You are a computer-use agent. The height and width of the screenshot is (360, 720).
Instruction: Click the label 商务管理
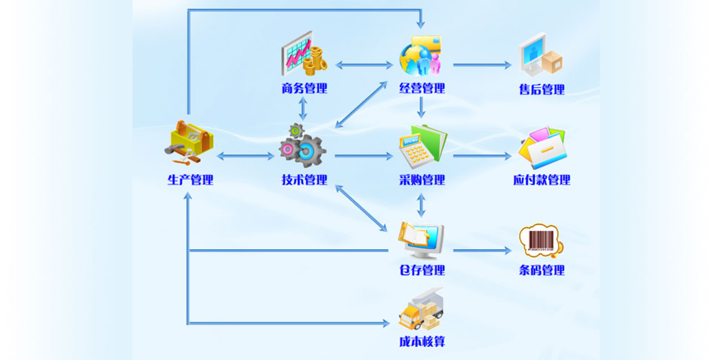pos(304,89)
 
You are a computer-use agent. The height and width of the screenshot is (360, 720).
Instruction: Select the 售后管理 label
pos(541,90)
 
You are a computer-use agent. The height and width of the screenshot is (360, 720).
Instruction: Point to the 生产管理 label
pos(190,180)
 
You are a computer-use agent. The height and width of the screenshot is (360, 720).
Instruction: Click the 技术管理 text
pos(304,180)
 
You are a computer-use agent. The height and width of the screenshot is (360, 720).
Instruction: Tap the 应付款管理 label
pos(541,180)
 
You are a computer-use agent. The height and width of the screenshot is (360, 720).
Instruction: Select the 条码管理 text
pos(541,271)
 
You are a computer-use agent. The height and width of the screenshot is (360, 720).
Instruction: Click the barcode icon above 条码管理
pos(540,240)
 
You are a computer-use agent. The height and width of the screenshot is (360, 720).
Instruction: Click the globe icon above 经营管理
pos(420,56)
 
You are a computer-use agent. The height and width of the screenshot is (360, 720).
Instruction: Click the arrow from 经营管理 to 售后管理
pos(482,65)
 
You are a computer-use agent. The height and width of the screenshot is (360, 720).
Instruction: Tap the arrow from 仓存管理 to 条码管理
pos(482,251)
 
